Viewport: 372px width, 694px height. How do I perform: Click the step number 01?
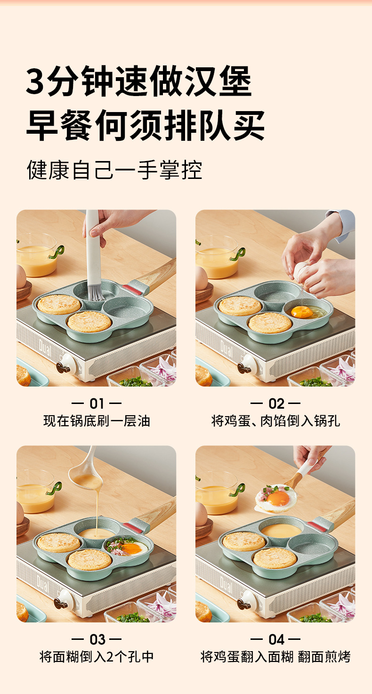click(97, 403)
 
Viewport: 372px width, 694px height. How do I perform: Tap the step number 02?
click(276, 403)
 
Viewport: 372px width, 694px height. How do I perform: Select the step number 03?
click(97, 639)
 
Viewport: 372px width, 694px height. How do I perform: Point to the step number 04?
click(276, 639)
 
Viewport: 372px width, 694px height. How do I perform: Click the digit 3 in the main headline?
click(35, 81)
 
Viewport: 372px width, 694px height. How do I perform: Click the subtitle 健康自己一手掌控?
click(114, 170)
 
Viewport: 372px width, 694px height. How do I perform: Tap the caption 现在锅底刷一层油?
click(97, 421)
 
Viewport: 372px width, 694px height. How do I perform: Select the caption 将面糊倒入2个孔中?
click(97, 657)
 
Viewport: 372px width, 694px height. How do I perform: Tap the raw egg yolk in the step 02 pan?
click(302, 312)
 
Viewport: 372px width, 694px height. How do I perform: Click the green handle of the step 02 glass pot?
click(238, 254)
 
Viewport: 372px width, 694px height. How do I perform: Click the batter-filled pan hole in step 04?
click(281, 531)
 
